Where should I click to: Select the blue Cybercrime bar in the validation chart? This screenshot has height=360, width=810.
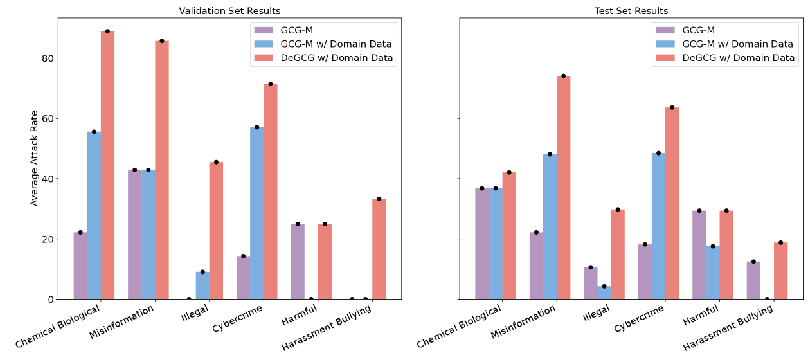[x=256, y=213]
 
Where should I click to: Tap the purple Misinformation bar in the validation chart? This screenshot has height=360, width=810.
[x=134, y=234]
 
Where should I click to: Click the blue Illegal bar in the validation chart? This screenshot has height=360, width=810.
[x=203, y=285]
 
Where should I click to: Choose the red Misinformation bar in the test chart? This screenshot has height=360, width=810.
[x=563, y=187]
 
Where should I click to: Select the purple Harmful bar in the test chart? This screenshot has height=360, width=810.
[x=699, y=255]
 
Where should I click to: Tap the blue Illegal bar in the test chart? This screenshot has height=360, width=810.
[x=604, y=292]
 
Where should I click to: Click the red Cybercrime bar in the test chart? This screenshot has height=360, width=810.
[x=672, y=203]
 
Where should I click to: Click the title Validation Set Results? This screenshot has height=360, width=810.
[x=230, y=11]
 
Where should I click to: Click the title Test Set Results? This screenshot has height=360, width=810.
[x=631, y=11]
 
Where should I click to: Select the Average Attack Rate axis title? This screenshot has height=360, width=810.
[x=35, y=158]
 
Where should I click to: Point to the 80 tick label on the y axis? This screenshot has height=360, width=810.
[x=46, y=58]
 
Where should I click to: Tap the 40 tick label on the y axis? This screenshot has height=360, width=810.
[x=46, y=179]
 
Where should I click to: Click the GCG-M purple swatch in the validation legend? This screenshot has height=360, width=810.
[x=264, y=30]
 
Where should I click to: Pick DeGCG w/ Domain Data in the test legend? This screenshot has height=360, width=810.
[x=738, y=58]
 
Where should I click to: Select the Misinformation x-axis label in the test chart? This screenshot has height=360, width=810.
[x=523, y=323]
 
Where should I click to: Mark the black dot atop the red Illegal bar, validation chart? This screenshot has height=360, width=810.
[x=216, y=162]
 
